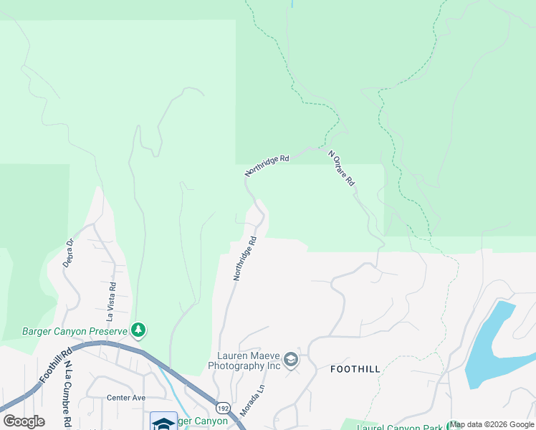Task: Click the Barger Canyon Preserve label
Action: pos(74,330)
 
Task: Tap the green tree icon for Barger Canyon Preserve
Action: pos(138,330)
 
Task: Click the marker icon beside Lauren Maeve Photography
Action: pos(291,360)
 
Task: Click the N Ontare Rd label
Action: pos(342,168)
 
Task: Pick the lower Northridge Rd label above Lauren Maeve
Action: pos(245,259)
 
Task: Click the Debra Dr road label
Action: pos(70,252)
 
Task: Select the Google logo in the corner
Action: pos(24,421)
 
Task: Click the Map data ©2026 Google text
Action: pos(492,425)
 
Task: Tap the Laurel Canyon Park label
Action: pos(401,426)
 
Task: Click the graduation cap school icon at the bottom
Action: pos(163,422)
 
